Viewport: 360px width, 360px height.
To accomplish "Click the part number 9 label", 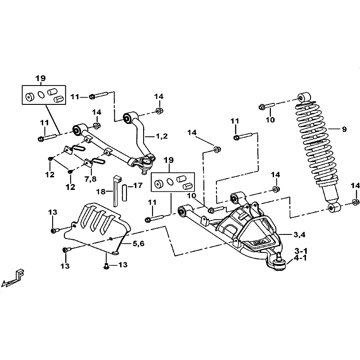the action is [x=344, y=129].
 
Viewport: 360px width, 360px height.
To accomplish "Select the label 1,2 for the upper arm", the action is [x=162, y=136].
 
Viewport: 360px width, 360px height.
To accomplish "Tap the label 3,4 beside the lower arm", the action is [x=299, y=234].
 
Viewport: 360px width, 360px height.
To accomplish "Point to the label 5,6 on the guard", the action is [x=139, y=243].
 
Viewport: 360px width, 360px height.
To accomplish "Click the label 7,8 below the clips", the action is [x=90, y=179].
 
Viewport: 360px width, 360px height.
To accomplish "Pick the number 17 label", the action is [x=138, y=185].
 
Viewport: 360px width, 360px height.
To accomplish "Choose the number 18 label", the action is [x=100, y=192].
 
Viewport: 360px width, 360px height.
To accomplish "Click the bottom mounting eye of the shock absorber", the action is [x=334, y=207].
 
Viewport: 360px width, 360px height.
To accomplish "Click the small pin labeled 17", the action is [x=124, y=193].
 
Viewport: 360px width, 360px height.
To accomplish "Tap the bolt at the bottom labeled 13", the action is [x=106, y=266].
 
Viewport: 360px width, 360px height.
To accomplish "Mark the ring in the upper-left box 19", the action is [x=41, y=94].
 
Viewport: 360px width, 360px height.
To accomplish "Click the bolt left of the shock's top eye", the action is [x=266, y=106].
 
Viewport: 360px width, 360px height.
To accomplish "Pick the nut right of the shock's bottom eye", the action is [x=355, y=202].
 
